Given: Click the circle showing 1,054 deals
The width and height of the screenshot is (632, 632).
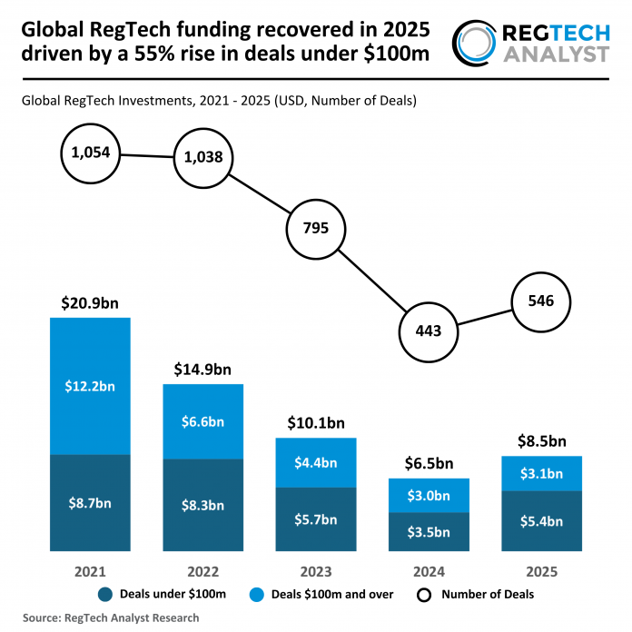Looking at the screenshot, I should [90, 153].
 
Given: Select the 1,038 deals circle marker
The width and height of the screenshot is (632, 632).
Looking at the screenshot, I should [203, 157].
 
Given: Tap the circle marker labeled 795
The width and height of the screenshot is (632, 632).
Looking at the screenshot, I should [317, 228].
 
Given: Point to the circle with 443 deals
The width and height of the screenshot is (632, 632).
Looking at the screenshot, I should [429, 331].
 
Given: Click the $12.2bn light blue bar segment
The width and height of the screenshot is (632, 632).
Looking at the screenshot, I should [90, 385].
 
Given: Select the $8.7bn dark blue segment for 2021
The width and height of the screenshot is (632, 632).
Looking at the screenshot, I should [90, 501].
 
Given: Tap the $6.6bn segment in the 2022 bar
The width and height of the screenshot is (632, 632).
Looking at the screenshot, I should [203, 420].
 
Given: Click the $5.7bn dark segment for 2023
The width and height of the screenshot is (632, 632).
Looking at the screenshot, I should [316, 518].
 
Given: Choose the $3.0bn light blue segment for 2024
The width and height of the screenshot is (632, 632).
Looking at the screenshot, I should [429, 495].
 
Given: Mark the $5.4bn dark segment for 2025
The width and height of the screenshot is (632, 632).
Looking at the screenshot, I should [542, 520].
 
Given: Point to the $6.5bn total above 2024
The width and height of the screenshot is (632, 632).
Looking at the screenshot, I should [429, 463].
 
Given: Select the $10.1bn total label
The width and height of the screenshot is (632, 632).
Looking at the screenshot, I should [316, 422].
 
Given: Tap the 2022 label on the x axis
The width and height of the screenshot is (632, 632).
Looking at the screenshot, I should [203, 572].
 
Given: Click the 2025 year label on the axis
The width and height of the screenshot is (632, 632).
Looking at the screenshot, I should [542, 572].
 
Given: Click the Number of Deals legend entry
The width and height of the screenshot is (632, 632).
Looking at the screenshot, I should [477, 595].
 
